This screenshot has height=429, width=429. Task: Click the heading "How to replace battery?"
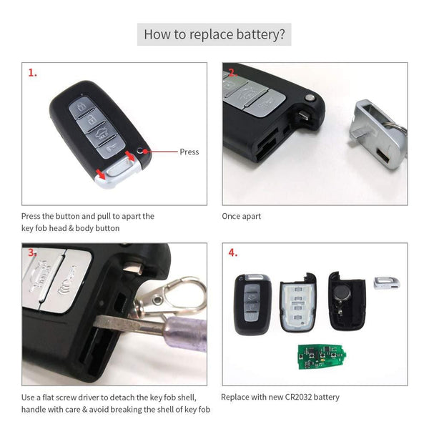point(214,34)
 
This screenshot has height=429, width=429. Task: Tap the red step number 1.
point(32,73)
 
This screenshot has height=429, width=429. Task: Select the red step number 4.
point(233,253)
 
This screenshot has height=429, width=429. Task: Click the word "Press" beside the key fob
point(189,152)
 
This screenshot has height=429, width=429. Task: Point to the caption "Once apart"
point(242,216)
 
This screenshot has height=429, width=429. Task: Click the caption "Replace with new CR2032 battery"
point(280,397)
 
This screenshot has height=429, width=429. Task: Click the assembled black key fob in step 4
point(252,302)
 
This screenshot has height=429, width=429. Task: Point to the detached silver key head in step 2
point(379,127)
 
